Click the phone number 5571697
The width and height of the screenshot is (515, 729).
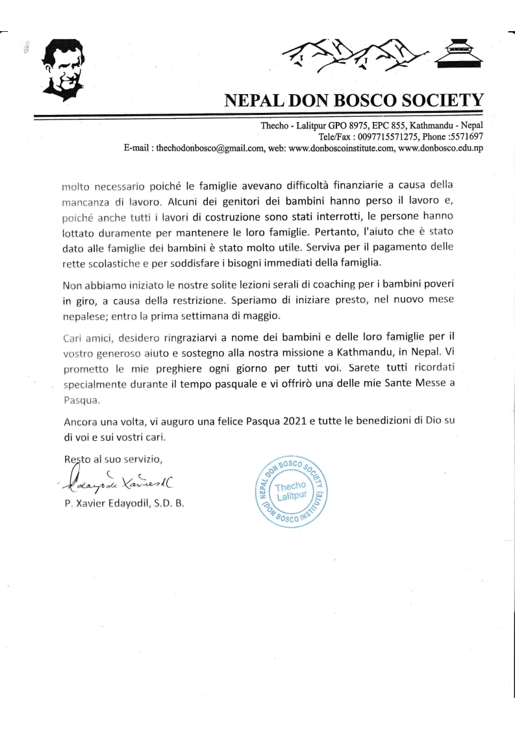tap(468, 137)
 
